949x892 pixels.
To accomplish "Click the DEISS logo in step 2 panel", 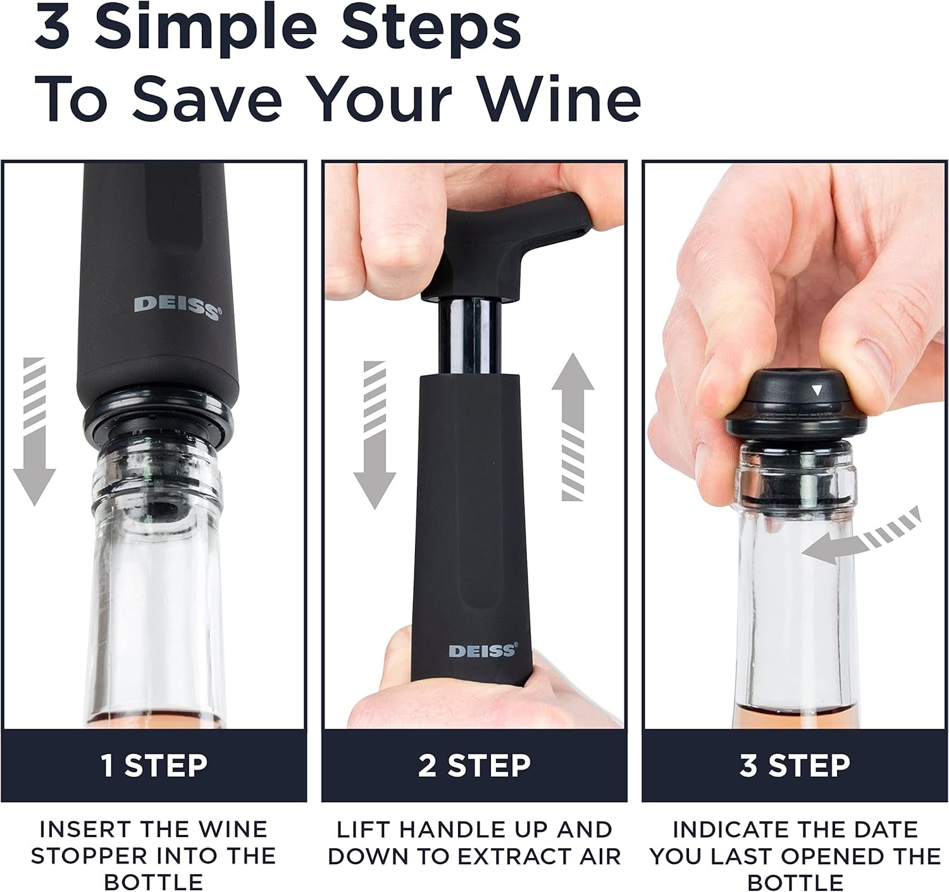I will click(483, 650).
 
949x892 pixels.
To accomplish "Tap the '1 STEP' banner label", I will click(154, 765).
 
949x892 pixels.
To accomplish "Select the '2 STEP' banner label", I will click(475, 765).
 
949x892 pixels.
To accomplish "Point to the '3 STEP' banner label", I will click(795, 765).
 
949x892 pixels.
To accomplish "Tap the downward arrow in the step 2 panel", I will click(375, 437).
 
